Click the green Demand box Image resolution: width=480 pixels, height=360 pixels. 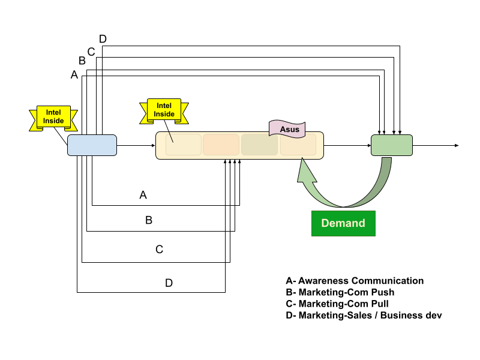(343, 223)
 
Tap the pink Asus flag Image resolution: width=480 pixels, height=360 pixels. (285, 128)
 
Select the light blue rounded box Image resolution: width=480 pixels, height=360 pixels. (92, 145)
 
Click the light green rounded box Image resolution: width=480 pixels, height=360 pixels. (392, 145)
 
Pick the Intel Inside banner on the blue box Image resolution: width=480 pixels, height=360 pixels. (53, 116)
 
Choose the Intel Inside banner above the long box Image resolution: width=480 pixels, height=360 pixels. (164, 110)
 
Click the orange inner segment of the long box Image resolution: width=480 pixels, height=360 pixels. (221, 145)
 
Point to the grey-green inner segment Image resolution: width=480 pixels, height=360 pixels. (259, 145)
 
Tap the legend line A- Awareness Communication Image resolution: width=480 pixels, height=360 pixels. (355, 281)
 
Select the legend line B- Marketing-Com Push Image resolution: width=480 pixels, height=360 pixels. (340, 292)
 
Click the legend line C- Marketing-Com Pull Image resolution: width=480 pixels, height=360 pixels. (337, 304)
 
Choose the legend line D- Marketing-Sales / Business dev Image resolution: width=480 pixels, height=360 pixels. (364, 315)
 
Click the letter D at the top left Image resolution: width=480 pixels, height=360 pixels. (103, 39)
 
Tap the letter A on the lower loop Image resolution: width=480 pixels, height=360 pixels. (143, 195)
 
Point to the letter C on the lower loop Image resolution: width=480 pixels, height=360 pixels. (159, 249)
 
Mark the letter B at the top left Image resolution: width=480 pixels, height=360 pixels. (82, 61)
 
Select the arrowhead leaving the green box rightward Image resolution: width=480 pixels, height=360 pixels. (457, 145)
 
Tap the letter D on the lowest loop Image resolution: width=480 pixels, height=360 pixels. (169, 283)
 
